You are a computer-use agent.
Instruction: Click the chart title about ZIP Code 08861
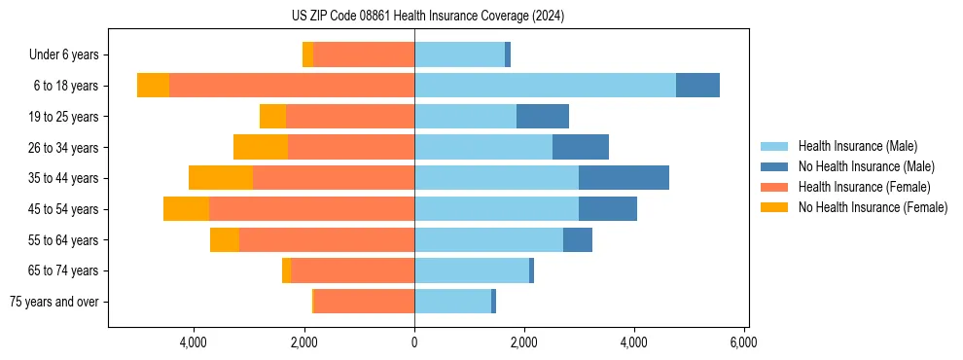point(427,17)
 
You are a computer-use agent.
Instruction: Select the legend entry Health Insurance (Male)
point(856,146)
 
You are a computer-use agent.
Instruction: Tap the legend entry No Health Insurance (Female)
point(873,207)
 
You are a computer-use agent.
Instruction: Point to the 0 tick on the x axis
point(414,342)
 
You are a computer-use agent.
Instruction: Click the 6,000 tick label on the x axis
point(744,342)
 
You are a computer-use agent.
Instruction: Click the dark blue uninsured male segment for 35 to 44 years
point(624,178)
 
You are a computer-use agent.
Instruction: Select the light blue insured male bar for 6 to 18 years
point(545,86)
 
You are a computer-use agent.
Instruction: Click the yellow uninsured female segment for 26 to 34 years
point(261,147)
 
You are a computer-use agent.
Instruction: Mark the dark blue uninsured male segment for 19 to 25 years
point(542,117)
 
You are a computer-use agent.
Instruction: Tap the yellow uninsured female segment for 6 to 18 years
point(153,86)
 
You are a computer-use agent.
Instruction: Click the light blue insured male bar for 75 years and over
point(452,302)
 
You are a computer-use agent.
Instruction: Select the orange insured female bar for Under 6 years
point(364,55)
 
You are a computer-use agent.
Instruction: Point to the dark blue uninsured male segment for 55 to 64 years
point(578,240)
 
